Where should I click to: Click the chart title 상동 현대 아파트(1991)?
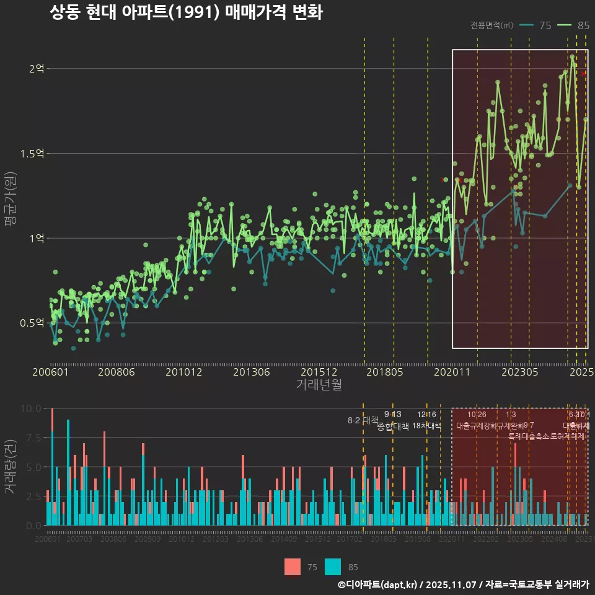(186, 12)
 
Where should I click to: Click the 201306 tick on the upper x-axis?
(250, 372)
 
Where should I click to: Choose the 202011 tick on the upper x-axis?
(452, 372)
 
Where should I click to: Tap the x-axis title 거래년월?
(319, 384)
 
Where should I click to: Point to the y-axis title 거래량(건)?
(11, 467)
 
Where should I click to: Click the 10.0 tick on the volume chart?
(31, 408)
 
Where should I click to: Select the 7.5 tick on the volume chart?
(33, 438)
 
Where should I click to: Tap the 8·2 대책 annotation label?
(363, 420)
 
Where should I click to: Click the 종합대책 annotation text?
(393, 426)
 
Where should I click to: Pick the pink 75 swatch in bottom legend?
(293, 566)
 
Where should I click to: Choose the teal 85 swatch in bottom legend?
(333, 566)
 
